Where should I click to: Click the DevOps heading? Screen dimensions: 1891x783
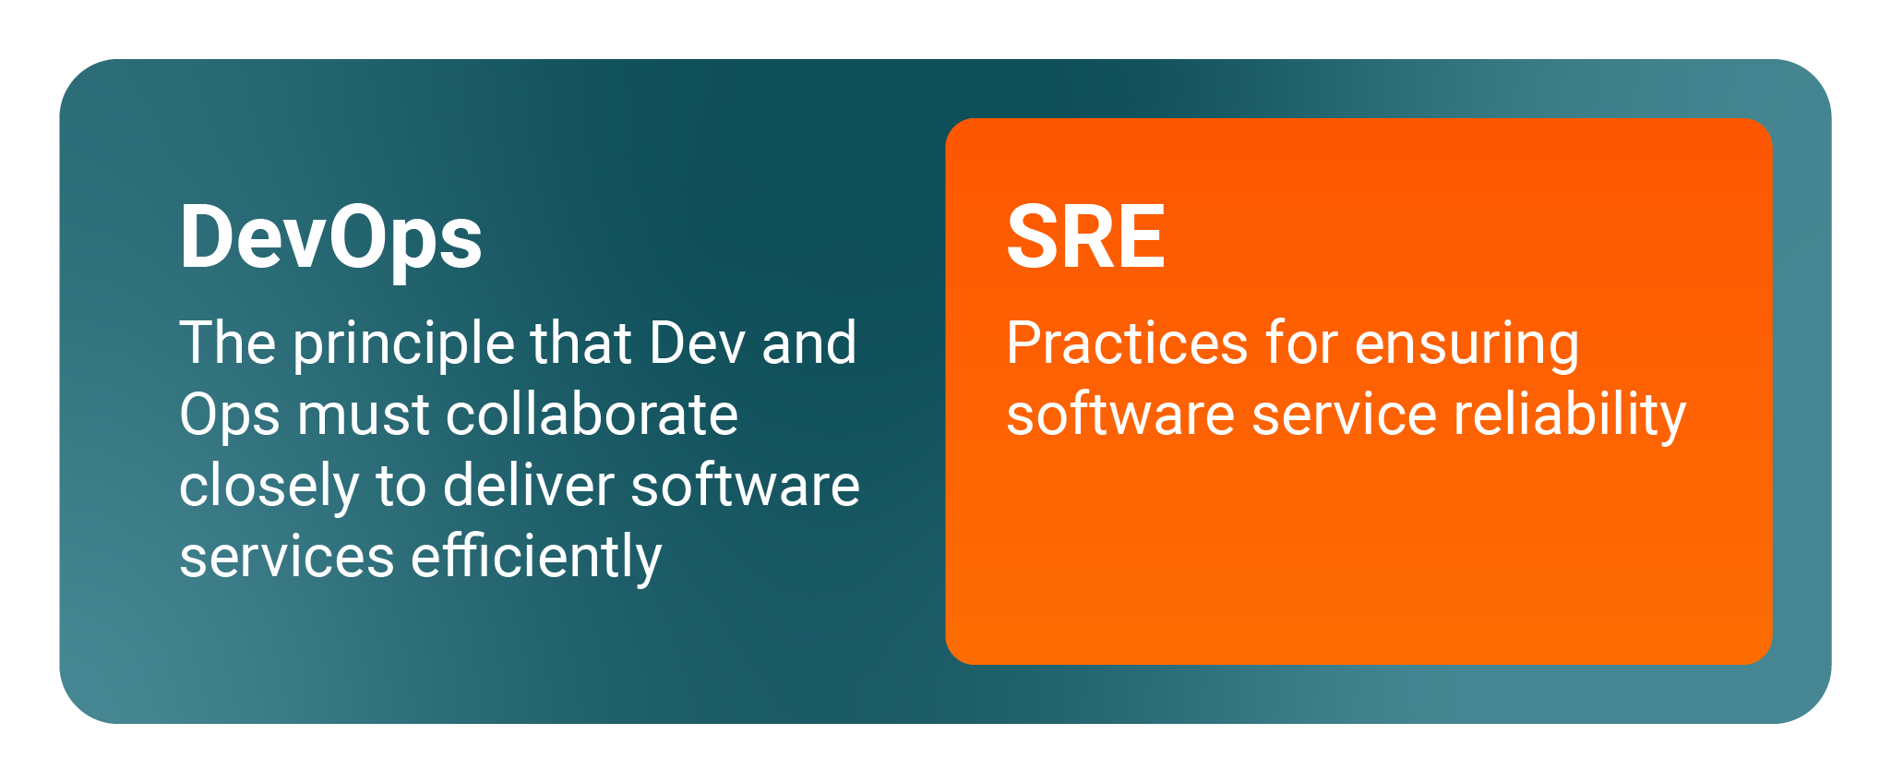coord(330,238)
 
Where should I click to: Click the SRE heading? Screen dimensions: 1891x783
coord(1086,236)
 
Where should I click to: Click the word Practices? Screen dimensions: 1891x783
coord(1126,343)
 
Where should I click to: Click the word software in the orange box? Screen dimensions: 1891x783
coord(1120,414)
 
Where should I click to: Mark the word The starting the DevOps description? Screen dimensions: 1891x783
coord(228,343)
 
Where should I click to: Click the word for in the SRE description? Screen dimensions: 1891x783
coord(1300,343)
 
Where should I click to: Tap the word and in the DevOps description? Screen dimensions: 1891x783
coord(809,343)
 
